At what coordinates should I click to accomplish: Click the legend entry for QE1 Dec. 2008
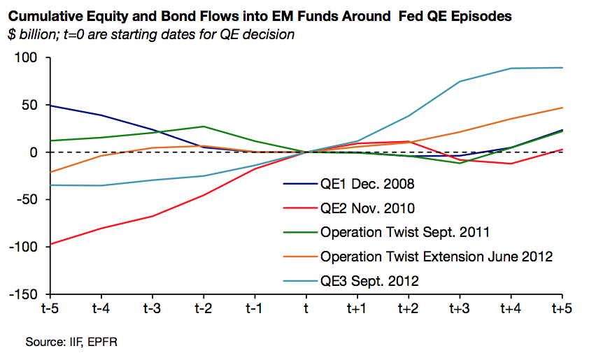367,185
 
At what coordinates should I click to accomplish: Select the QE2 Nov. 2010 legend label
367,208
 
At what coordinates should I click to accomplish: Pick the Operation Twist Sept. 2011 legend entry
404,232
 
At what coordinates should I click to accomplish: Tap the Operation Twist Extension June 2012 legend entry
437,256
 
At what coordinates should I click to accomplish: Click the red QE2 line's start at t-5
50,244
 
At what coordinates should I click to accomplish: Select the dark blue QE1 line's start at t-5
50,106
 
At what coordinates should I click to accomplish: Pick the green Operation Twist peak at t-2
203,127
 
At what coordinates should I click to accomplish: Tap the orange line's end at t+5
562,108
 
